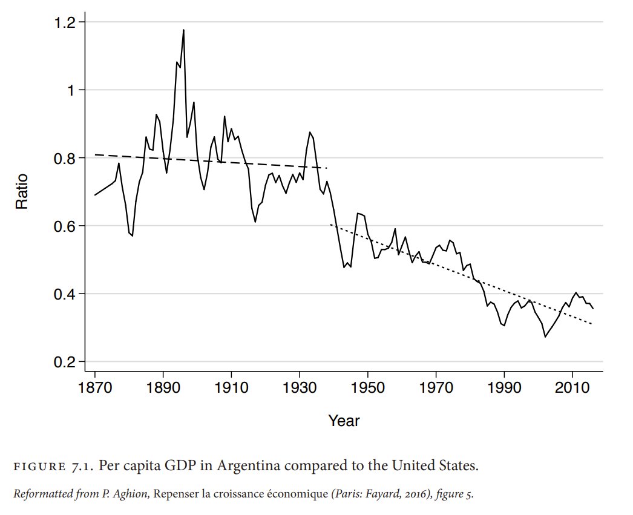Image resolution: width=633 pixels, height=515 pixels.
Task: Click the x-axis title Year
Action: [x=344, y=420]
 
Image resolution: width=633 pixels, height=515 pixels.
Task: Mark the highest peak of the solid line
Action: [x=183, y=30]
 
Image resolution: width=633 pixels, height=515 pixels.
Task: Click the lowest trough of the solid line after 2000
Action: [x=545, y=337]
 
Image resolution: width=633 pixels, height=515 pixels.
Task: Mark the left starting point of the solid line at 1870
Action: [x=95, y=195]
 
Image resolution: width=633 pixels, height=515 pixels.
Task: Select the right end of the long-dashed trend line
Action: [x=327, y=168]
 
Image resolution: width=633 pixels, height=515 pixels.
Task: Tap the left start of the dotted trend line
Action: [x=330, y=225]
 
